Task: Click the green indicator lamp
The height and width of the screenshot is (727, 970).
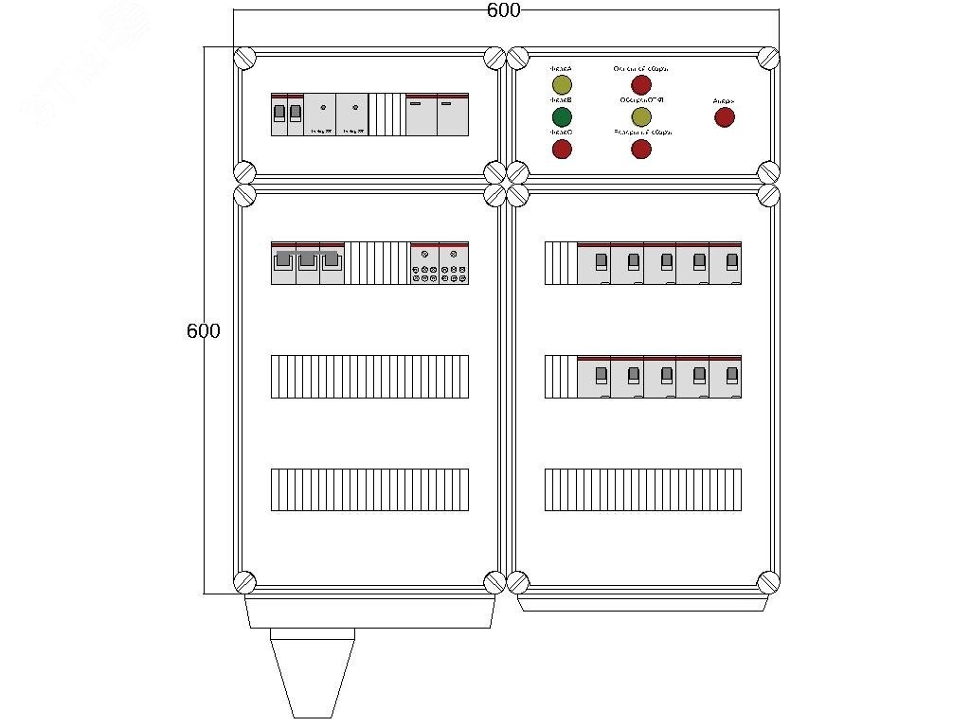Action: [562, 116]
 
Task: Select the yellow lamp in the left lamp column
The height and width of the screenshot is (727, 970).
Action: [562, 86]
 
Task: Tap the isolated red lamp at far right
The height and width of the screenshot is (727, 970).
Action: [724, 116]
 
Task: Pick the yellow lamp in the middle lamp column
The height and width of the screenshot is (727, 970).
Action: [641, 116]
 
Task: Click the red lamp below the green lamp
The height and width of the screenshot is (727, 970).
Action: [562, 149]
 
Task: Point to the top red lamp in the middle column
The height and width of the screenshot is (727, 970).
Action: [641, 86]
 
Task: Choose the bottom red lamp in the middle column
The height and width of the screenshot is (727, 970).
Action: [641, 149]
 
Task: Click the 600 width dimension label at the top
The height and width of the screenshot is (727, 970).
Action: [503, 10]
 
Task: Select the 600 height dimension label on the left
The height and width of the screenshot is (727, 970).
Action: [203, 331]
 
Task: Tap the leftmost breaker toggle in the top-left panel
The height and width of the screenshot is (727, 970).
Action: [279, 114]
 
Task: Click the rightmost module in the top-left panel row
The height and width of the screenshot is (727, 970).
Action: [452, 115]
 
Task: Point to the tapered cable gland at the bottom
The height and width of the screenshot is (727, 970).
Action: [313, 672]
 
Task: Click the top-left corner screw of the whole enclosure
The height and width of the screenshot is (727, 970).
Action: [244, 58]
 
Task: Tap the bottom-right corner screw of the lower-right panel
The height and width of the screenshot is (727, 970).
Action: [768, 581]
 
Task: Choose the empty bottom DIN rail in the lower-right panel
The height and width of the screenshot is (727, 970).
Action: [642, 489]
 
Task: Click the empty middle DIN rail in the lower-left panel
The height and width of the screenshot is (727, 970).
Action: [369, 376]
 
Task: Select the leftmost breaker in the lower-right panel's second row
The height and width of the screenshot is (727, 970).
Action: [594, 376]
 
